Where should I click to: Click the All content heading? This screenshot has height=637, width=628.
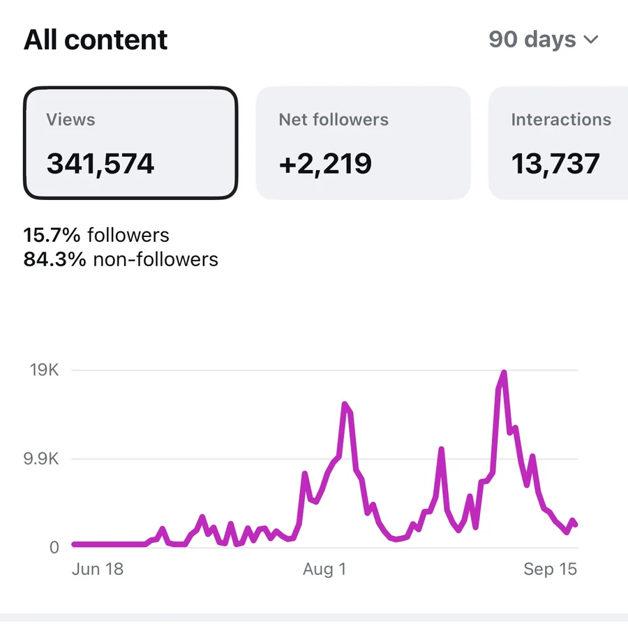click(96, 40)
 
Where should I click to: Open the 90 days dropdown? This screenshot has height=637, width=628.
click(544, 40)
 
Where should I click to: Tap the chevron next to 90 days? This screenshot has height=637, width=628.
click(590, 40)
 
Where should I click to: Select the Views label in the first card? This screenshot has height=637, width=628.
click(70, 119)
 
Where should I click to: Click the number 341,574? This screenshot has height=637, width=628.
click(100, 164)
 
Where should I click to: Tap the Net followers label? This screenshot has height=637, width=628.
click(334, 119)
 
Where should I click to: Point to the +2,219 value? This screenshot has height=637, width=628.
click(325, 164)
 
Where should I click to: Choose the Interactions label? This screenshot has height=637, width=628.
click(561, 119)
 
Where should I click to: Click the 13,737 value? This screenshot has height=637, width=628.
click(555, 164)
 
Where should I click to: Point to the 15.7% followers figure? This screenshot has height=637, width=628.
click(96, 235)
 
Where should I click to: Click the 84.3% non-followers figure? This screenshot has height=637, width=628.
click(121, 259)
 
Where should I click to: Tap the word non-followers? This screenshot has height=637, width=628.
click(156, 259)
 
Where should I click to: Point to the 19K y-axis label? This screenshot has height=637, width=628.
click(44, 370)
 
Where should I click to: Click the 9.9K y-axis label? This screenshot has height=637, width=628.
click(41, 459)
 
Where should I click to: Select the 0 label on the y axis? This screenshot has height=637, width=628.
click(54, 548)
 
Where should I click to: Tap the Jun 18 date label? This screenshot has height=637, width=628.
click(98, 569)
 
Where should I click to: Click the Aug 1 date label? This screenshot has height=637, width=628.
click(324, 569)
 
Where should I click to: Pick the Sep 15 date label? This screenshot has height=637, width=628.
click(551, 569)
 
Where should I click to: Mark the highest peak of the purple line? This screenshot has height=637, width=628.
click(504, 372)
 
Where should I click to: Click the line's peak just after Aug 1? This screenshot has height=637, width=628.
click(345, 404)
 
